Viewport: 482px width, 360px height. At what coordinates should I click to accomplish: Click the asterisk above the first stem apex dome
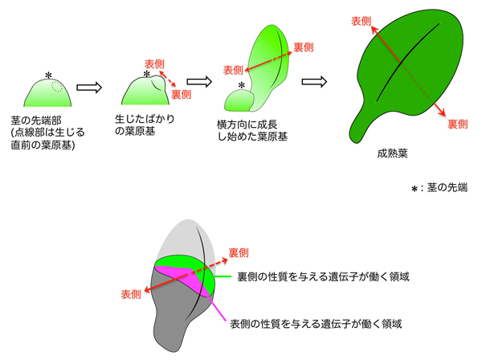(48, 76)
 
